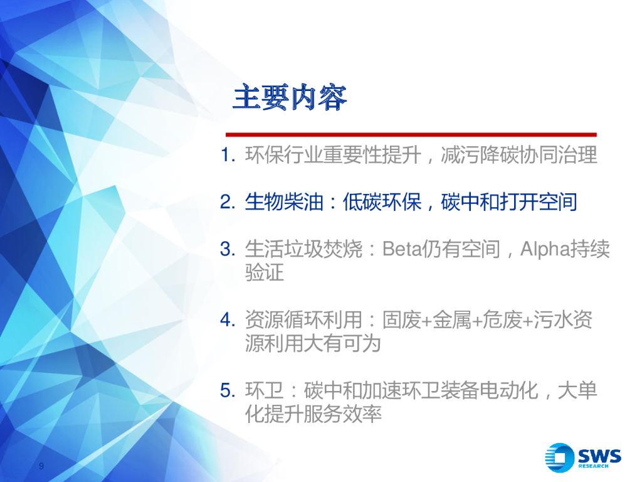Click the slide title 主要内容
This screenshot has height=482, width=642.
(x=289, y=99)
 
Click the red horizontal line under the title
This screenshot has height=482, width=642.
(x=411, y=134)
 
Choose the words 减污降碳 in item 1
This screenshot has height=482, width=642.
(x=480, y=155)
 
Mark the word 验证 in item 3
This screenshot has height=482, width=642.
(x=264, y=273)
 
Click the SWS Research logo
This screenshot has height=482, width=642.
(x=582, y=457)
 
